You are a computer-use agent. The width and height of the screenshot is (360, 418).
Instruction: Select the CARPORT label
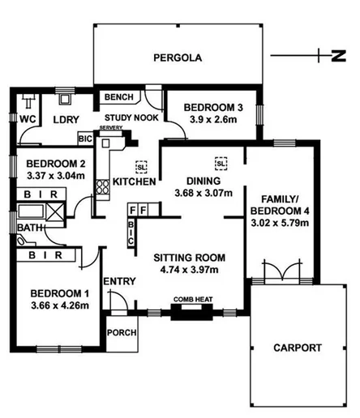coord(298,348)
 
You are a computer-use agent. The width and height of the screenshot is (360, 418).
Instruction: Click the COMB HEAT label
coord(192,300)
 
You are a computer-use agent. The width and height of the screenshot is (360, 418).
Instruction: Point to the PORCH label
coord(122,332)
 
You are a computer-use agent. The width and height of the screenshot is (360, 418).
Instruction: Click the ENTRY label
coord(118,281)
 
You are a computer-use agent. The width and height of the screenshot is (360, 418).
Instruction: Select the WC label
coord(27,119)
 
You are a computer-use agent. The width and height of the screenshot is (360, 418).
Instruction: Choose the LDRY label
coord(65,120)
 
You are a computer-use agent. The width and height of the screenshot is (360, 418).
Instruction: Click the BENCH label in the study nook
coord(114,98)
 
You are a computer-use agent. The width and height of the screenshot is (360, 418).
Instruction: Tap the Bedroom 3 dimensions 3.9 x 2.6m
coord(212,119)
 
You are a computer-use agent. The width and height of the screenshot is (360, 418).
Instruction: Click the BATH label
coord(26,229)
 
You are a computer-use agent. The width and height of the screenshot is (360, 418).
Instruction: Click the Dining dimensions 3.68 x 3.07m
coord(204,193)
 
